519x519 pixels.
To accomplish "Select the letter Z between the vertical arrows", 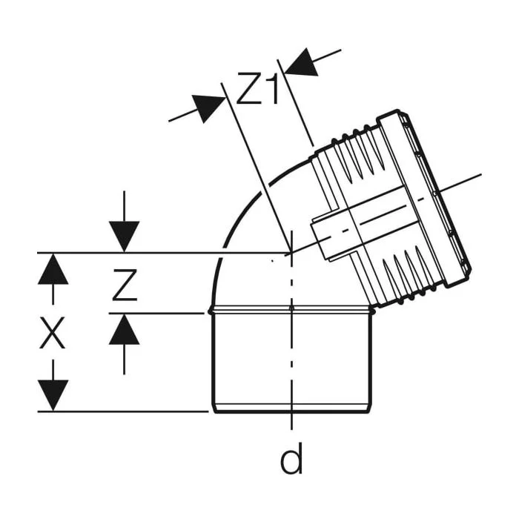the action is click(x=125, y=285).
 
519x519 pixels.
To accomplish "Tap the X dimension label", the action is click(x=53, y=333).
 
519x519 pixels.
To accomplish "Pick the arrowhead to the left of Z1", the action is click(x=207, y=108).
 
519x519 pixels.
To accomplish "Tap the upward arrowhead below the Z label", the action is click(x=124, y=329).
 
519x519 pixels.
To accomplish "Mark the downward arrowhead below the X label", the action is click(x=53, y=395).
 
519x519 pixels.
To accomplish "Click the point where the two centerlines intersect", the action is click(x=291, y=253).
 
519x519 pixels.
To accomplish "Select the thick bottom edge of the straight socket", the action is click(x=291, y=411).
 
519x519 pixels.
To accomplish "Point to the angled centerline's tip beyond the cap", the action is click(x=481, y=173).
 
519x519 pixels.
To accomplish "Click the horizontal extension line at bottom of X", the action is click(x=123, y=411).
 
